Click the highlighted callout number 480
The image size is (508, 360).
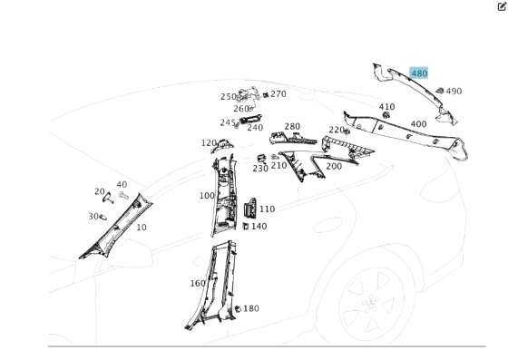click(x=418, y=73)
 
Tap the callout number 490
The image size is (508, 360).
click(x=454, y=91)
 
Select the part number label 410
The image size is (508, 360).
click(x=387, y=107)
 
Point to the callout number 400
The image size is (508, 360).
click(x=418, y=124)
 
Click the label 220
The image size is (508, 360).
click(x=337, y=130)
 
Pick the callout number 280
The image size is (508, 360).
click(x=292, y=127)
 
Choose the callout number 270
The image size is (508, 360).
click(x=278, y=93)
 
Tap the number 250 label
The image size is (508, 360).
click(x=228, y=96)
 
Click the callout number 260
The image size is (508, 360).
click(x=240, y=109)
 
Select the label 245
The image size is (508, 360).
click(x=227, y=122)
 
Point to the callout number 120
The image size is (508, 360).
click(x=209, y=143)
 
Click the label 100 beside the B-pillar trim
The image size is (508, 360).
click(x=207, y=195)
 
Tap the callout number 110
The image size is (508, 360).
click(x=267, y=209)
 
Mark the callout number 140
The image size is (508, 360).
click(x=259, y=226)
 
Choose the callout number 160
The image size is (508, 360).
click(x=198, y=283)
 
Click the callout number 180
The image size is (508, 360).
click(x=250, y=308)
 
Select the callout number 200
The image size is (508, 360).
click(x=334, y=166)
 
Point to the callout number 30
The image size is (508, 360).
click(x=93, y=216)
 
